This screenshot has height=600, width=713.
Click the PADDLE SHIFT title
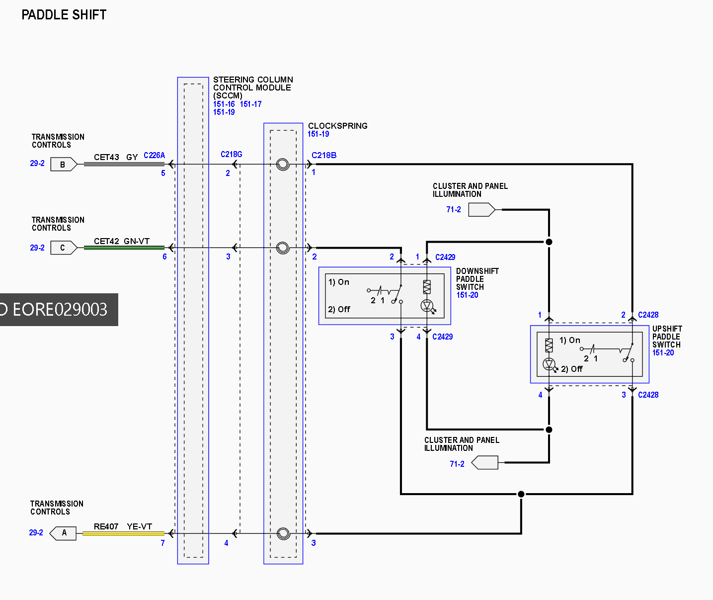[64, 15]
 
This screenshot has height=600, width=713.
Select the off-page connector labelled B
[64, 165]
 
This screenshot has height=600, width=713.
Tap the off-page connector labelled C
[64, 248]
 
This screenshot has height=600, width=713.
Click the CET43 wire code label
[106, 157]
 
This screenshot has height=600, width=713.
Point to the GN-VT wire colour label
[137, 241]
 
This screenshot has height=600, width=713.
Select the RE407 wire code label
[106, 526]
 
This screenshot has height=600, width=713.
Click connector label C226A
[155, 156]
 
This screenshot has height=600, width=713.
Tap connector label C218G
[232, 155]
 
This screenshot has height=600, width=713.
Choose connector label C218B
[324, 156]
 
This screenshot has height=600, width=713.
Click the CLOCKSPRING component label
[338, 126]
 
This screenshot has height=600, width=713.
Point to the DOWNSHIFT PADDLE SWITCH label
[477, 279]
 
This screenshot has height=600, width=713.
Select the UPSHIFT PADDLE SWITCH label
[667, 337]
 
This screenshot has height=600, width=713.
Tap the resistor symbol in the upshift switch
[549, 345]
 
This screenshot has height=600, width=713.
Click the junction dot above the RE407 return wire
[521, 494]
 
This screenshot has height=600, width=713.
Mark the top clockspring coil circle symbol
[283, 165]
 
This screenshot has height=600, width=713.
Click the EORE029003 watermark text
[60, 310]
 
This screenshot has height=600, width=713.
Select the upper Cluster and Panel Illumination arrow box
[482, 210]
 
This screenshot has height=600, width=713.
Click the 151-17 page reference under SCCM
[250, 104]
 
